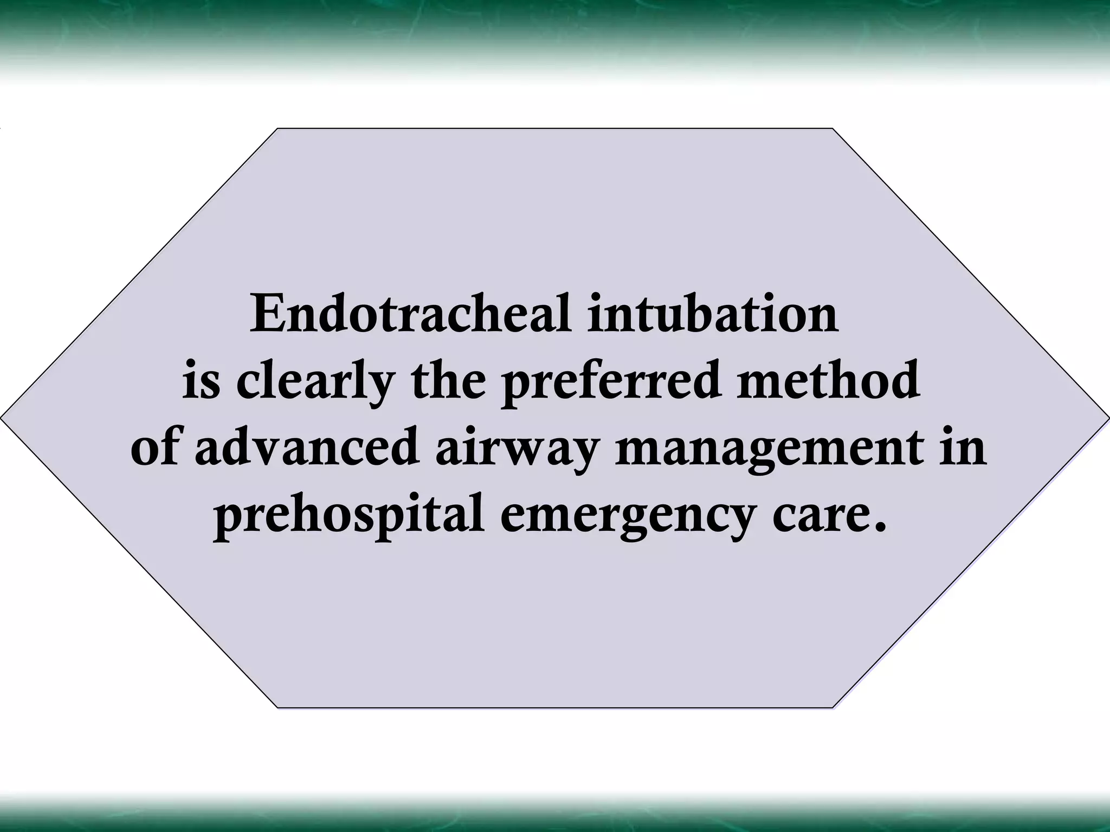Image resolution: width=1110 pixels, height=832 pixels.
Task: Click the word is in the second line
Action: [201, 380]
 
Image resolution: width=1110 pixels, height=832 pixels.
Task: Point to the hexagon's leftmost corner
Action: [2, 418]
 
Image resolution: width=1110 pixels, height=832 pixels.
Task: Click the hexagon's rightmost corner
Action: [1108, 418]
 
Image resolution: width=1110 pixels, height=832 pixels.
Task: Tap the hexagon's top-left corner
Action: [277, 129]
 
